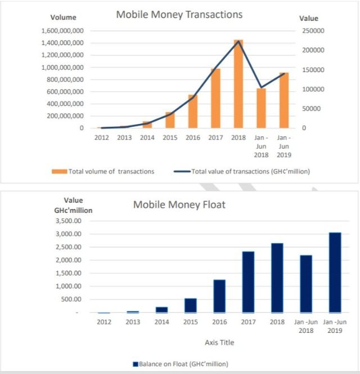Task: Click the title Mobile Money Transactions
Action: point(179,14)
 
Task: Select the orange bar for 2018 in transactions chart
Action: point(238,84)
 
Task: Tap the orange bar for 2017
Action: point(215,99)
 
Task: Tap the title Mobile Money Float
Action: point(179,204)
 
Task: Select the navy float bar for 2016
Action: point(219,296)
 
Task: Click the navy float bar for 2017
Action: point(248,282)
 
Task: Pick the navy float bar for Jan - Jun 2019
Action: point(335,273)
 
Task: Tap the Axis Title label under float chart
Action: point(219,342)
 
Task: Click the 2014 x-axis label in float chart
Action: point(161,322)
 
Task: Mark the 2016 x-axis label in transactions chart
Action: point(192,137)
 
